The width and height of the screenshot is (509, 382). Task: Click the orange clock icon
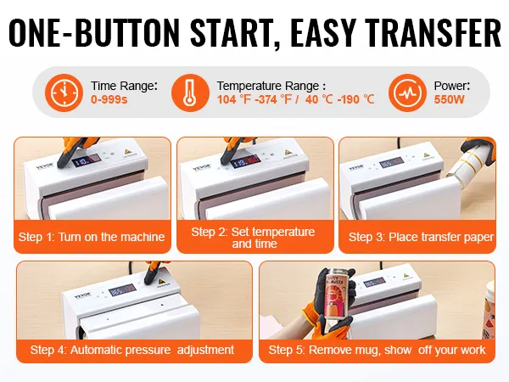[64, 93]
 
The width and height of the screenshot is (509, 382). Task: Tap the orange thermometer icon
[190, 93]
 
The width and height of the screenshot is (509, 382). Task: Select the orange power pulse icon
[407, 93]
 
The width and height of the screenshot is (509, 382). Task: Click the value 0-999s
[109, 99]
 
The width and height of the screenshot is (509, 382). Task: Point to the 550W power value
[450, 99]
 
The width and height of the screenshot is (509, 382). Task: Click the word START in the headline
[232, 32]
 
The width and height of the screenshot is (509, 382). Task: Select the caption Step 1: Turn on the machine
[92, 237]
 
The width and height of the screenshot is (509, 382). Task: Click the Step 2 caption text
[253, 238]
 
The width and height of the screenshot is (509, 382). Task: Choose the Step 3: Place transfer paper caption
[421, 237]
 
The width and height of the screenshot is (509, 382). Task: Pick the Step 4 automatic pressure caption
[132, 350]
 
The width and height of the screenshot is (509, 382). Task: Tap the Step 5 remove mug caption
[377, 350]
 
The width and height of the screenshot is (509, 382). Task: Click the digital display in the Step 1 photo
[87, 160]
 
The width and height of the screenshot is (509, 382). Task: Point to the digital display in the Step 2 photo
[246, 160]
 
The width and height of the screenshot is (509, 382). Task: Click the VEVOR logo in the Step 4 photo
[81, 296]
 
